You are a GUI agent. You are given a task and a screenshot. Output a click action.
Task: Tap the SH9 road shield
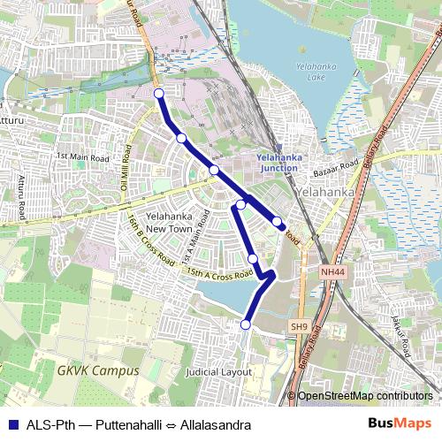click(x=299, y=327)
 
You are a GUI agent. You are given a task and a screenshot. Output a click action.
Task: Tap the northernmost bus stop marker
click(x=159, y=93)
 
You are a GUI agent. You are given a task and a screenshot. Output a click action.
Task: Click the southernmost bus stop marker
click(x=245, y=325)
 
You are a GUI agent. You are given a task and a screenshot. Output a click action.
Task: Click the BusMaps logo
click(x=399, y=424)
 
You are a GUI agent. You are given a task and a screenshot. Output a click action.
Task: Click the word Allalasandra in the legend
click(x=215, y=425)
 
